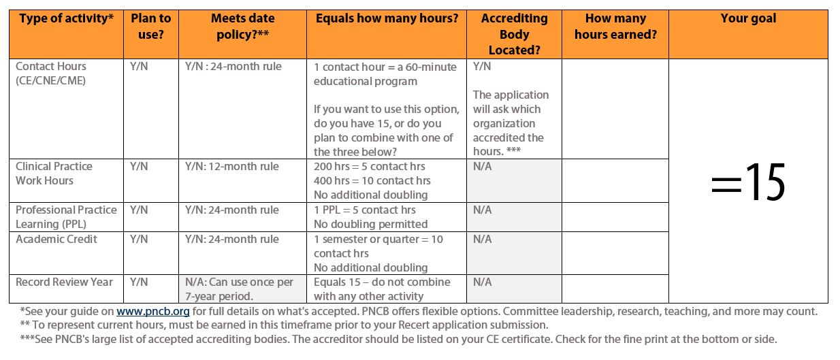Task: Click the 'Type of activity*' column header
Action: (x=66, y=19)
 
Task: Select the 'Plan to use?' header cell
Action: (x=150, y=27)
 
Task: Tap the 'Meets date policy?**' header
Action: (x=243, y=27)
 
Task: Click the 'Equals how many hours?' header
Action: (x=387, y=19)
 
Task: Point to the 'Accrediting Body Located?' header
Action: (x=514, y=34)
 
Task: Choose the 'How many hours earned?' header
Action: (x=615, y=27)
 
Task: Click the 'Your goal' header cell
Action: (x=748, y=19)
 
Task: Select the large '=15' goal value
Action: (x=748, y=182)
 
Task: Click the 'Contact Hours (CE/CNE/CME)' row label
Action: (x=51, y=73)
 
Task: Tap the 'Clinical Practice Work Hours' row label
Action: (x=54, y=174)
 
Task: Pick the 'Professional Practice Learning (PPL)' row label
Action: (x=66, y=217)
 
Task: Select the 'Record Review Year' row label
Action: (x=64, y=282)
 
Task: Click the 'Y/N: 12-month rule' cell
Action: (x=231, y=167)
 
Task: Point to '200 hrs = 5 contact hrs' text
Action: (x=369, y=167)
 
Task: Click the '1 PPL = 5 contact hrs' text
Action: (x=364, y=210)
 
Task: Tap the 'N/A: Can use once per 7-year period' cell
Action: (x=239, y=289)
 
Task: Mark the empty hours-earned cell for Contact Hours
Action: (x=615, y=109)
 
